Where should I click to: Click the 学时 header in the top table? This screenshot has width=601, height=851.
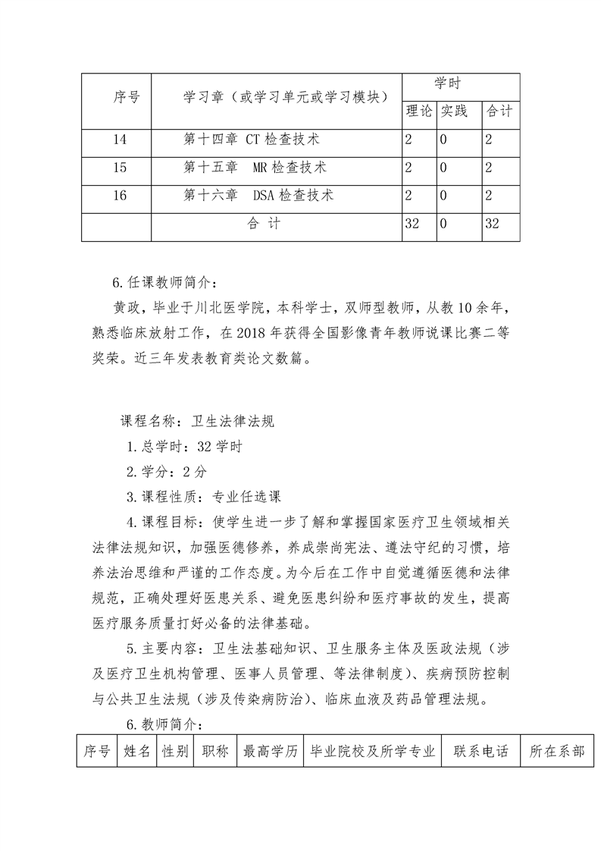[446, 83]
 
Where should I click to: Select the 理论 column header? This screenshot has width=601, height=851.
[418, 111]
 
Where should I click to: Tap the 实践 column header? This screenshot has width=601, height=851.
[455, 111]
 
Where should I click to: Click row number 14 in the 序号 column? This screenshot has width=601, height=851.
[118, 140]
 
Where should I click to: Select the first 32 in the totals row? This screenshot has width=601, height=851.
[413, 224]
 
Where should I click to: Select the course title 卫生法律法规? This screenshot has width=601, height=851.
[233, 422]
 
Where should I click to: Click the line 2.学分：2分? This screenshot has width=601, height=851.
[166, 472]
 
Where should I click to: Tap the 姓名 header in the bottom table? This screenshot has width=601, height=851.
[136, 752]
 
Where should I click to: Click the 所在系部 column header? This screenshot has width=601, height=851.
[557, 752]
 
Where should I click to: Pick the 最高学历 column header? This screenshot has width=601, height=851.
[270, 752]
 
